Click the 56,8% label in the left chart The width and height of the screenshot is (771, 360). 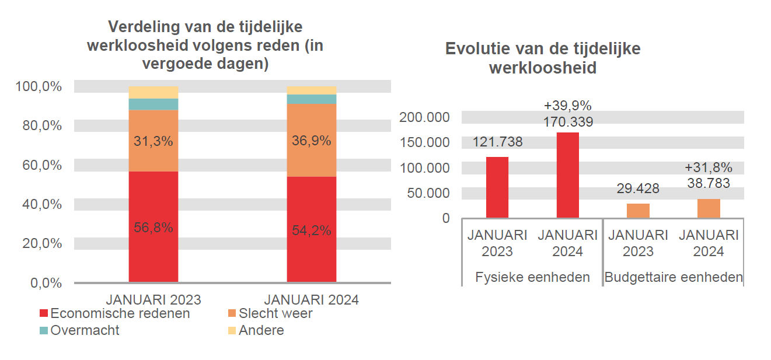(x=153, y=228)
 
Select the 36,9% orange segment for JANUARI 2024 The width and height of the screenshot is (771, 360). (x=311, y=140)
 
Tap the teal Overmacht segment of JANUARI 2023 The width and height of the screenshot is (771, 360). (x=153, y=104)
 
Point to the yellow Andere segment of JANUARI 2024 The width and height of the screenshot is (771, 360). (x=311, y=90)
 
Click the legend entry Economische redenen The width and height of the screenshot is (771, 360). (x=114, y=313)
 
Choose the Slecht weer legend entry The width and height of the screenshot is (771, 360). (x=270, y=313)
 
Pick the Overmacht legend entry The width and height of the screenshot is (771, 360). (x=79, y=330)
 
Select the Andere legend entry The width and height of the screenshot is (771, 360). (x=256, y=330)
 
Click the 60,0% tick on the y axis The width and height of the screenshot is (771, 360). (x=39, y=165)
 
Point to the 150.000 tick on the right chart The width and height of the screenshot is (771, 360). (x=424, y=142)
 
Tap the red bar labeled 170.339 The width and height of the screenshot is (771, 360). (x=567, y=175)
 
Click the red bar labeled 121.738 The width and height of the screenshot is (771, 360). (x=497, y=187)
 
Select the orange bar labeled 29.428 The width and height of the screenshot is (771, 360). (x=638, y=211)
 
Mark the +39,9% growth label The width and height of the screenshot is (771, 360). (x=567, y=106)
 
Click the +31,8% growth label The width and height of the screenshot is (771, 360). (x=708, y=168)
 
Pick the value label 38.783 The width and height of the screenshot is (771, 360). (x=708, y=183)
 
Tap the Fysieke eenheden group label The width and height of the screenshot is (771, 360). (x=532, y=277)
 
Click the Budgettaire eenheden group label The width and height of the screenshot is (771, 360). (x=673, y=277)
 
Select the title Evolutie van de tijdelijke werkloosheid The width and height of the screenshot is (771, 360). (x=542, y=58)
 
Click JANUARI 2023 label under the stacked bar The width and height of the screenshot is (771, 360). (x=153, y=300)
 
